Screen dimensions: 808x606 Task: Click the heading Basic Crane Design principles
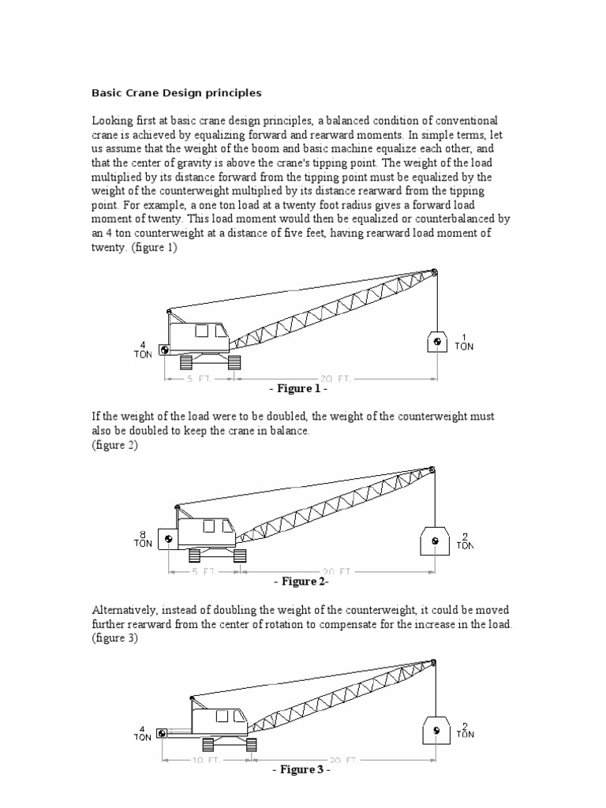coord(177,93)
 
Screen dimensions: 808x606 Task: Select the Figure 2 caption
coord(301,582)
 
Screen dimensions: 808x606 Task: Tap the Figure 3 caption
coord(300,770)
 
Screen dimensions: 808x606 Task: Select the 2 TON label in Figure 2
coord(465,541)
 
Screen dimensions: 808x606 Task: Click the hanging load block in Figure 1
coord(436,341)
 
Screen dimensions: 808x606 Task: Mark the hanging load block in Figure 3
coord(436,731)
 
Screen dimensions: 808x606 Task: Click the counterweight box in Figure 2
coord(167,540)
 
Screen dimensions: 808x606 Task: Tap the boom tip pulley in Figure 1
coord(433,273)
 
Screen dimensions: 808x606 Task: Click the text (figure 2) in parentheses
coord(114,445)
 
